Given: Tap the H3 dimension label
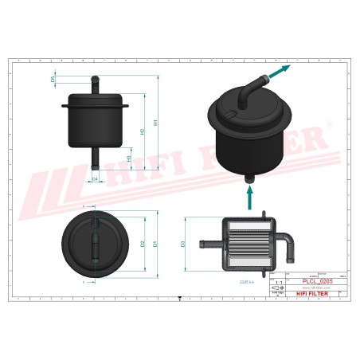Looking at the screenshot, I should [129, 158].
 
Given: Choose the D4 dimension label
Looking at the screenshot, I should [95, 179].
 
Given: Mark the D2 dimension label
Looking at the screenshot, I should [142, 244].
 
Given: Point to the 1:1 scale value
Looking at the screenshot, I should [278, 283].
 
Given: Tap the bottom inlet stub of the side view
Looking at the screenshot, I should [95, 159].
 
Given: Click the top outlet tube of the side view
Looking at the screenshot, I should [95, 84].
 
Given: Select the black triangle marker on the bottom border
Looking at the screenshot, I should [180, 298].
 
